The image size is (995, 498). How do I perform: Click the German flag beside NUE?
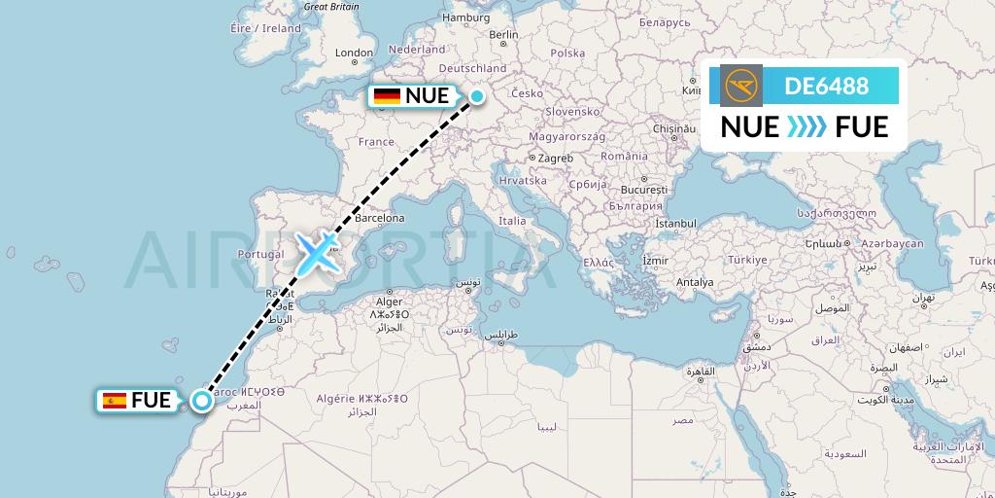[388, 95]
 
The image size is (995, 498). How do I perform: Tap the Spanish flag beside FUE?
[115, 400]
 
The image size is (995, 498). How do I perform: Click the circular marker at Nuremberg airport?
[477, 95]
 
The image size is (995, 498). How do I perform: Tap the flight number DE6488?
[827, 86]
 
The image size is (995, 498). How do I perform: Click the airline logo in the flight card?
[741, 86]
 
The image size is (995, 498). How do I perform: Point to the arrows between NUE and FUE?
[806, 127]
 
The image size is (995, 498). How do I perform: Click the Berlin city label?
[504, 35]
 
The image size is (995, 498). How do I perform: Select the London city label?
[354, 53]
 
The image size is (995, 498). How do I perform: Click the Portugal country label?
[259, 255]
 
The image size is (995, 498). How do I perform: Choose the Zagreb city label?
[555, 158]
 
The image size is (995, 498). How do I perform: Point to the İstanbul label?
[676, 224]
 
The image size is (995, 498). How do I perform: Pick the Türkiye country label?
[748, 260]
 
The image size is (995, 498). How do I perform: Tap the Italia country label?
[512, 221]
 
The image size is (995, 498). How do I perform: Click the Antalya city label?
[695, 282]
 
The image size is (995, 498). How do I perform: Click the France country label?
[376, 142]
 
